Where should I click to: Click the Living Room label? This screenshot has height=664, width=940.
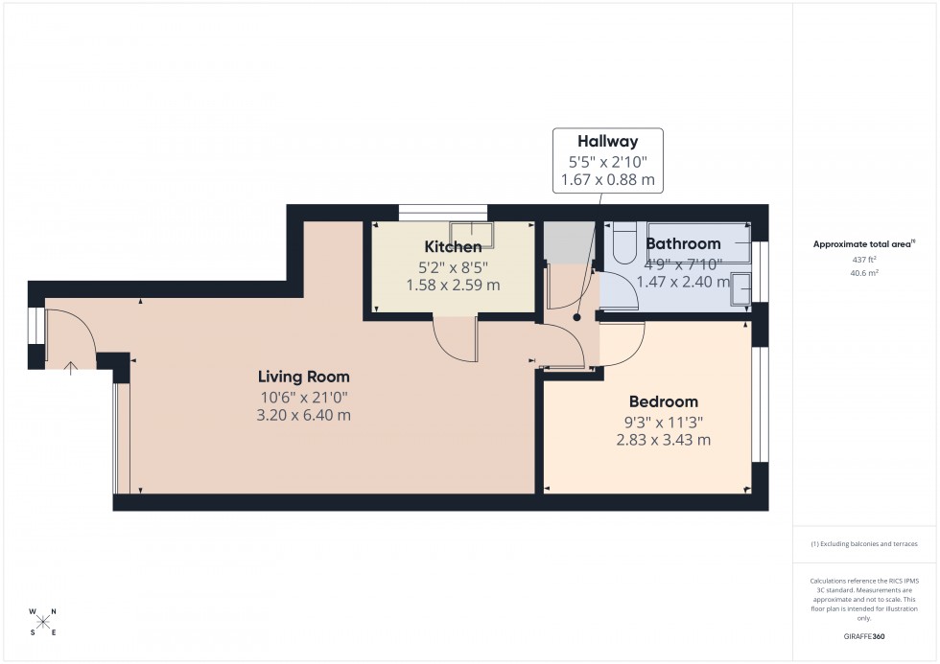tap(302, 377)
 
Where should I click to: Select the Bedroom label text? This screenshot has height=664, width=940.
tap(663, 401)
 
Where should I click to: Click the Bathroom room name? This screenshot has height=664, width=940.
tap(683, 243)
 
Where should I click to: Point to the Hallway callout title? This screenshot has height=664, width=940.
tap(607, 142)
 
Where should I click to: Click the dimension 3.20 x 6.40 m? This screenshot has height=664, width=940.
tap(302, 415)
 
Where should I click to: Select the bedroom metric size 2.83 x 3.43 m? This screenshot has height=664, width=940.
tap(663, 440)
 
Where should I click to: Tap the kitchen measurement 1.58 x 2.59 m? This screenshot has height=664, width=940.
tap(453, 285)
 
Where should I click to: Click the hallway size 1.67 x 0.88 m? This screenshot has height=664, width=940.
tap(607, 178)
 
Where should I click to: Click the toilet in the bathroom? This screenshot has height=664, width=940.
tap(623, 243)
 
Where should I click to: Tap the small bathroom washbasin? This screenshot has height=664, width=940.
tap(741, 287)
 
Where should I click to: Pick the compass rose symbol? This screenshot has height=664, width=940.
tap(43, 621)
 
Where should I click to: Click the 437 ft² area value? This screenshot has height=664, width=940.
tap(864, 259)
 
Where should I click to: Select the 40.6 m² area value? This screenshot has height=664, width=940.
tap(864, 272)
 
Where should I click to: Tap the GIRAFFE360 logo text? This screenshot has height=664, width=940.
tap(864, 636)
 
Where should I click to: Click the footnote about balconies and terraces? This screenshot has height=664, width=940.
tap(864, 543)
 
